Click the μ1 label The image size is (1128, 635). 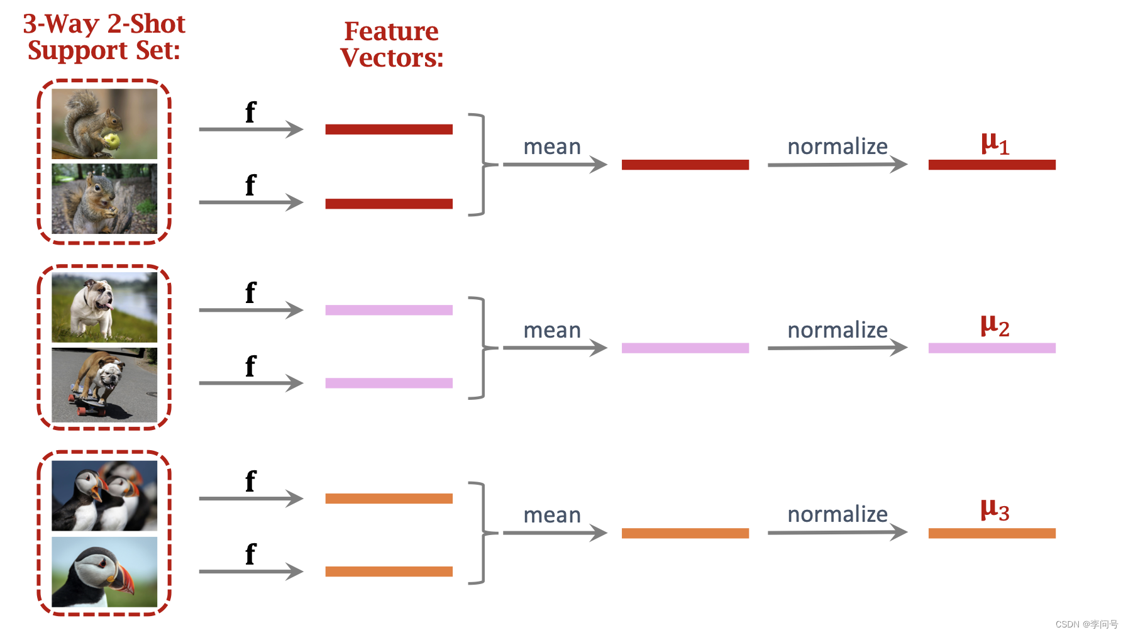(995, 144)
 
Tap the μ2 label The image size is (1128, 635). (995, 326)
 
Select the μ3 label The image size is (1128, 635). (995, 510)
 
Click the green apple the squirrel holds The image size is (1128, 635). (111, 141)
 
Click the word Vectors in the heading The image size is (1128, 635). (391, 58)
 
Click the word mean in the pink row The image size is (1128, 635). (552, 330)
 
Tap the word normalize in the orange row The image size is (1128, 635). (837, 514)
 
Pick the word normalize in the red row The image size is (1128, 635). (837, 146)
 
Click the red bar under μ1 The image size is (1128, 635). (992, 165)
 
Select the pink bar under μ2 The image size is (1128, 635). (992, 348)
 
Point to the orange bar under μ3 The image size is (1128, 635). (992, 533)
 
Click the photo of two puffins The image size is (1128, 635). (104, 495)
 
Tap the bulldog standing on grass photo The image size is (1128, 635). (104, 307)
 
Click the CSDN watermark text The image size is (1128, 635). (1086, 624)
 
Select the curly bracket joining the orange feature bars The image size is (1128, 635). (481, 533)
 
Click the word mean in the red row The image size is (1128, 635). (552, 146)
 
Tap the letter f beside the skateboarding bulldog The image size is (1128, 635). (250, 367)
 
